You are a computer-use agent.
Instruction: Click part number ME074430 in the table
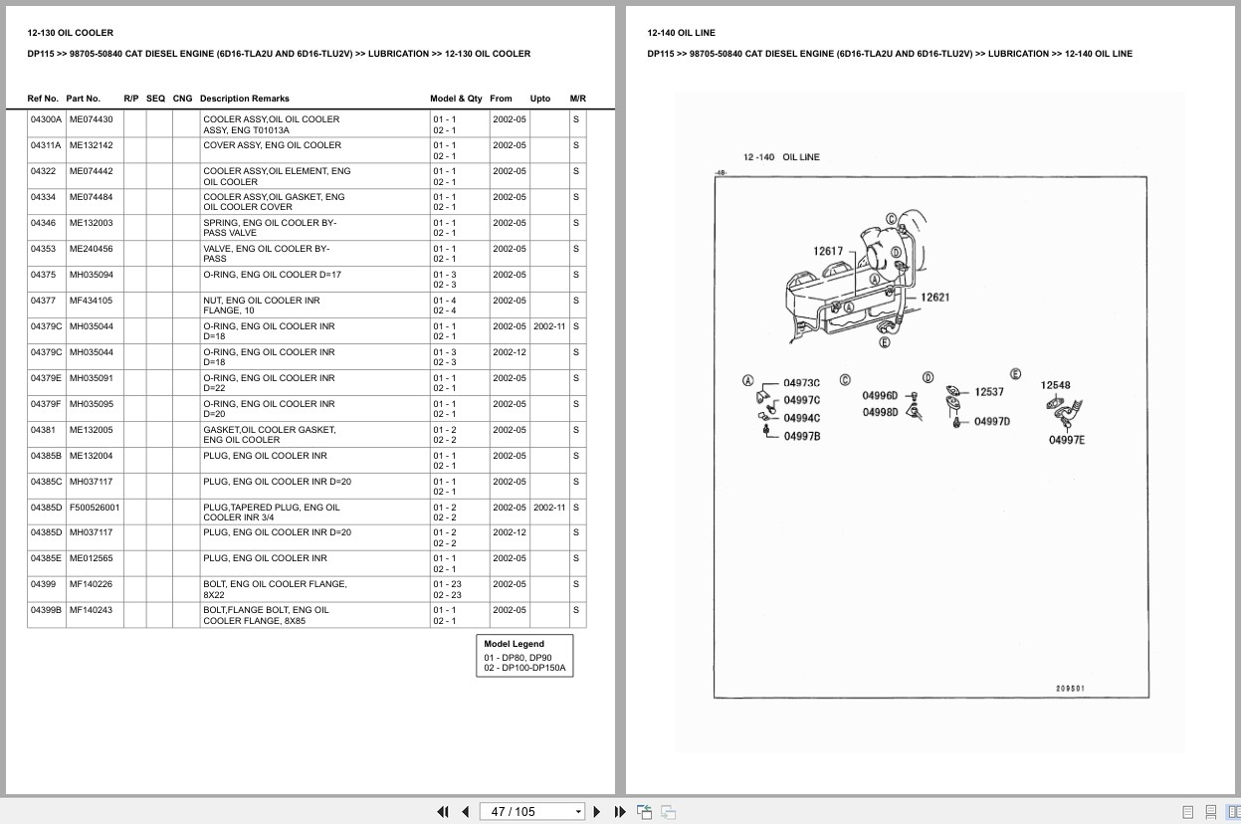(91, 119)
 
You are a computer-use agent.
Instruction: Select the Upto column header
(540, 99)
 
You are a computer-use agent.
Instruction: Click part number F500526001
(95, 507)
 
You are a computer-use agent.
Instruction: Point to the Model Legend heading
(514, 643)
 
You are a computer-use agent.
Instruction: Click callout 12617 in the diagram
(828, 251)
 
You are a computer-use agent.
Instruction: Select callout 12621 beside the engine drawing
(934, 297)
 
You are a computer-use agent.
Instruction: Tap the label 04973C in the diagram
(801, 383)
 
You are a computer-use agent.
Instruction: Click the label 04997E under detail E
(1067, 440)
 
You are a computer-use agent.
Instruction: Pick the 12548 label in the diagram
(1055, 385)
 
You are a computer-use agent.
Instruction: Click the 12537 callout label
(989, 392)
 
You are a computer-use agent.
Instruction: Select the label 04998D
(880, 412)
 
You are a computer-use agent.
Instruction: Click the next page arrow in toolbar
(597, 812)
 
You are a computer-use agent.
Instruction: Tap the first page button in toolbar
(443, 812)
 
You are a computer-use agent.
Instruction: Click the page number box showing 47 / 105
(531, 812)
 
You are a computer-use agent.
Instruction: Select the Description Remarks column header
(245, 99)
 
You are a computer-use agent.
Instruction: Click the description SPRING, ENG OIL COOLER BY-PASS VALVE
(270, 227)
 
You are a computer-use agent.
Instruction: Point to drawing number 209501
(1070, 689)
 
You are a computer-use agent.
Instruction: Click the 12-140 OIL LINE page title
(681, 33)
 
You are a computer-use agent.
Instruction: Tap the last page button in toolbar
(620, 812)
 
